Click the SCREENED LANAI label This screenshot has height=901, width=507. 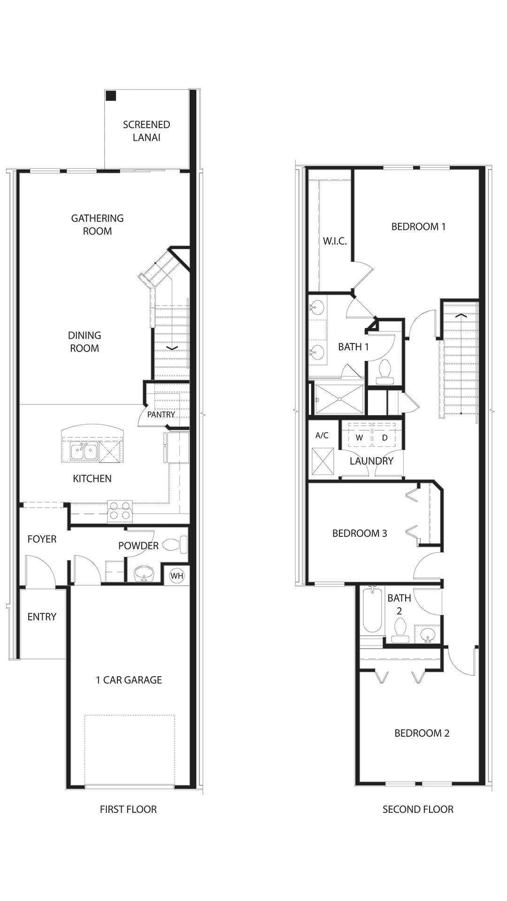[x=146, y=131]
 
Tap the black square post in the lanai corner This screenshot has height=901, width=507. [x=111, y=96]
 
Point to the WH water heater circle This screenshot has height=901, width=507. [x=177, y=576]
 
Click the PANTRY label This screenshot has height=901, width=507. [x=161, y=415]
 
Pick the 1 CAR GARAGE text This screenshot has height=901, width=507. [x=129, y=680]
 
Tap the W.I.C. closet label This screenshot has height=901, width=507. [x=335, y=241]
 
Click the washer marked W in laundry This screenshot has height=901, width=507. [x=359, y=437]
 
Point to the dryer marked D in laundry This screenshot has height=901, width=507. [x=385, y=437]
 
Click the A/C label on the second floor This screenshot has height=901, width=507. [x=322, y=435]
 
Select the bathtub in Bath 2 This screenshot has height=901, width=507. [x=373, y=610]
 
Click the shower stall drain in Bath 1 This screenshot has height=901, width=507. [x=339, y=399]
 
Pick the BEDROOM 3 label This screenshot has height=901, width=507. [x=360, y=533]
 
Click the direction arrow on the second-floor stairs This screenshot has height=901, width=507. [x=461, y=316]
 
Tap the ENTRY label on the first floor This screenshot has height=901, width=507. [x=42, y=617]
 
